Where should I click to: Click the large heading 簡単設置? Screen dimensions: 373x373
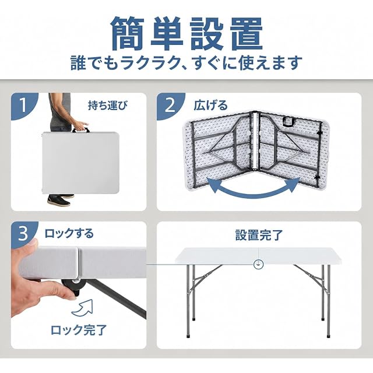(187, 33)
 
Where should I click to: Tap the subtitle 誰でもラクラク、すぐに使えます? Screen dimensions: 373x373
(186, 63)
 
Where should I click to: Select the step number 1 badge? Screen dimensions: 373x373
(23, 105)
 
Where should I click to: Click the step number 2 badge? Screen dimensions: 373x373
(170, 105)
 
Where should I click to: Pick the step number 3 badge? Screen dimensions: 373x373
(23, 234)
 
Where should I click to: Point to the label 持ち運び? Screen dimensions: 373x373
(107, 105)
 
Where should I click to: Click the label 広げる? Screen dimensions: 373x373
(210, 105)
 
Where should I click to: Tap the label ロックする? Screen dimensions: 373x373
(69, 234)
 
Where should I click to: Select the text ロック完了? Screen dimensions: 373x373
(79, 330)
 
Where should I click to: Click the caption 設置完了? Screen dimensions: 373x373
(259, 235)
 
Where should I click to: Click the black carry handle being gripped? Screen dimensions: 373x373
(81, 130)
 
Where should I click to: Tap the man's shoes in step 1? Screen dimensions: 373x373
(61, 200)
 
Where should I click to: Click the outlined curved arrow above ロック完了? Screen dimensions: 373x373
(83, 307)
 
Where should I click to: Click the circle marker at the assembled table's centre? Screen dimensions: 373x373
(258, 264)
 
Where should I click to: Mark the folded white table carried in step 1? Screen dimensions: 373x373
(80, 163)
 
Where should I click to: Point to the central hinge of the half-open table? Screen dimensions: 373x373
(255, 141)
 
